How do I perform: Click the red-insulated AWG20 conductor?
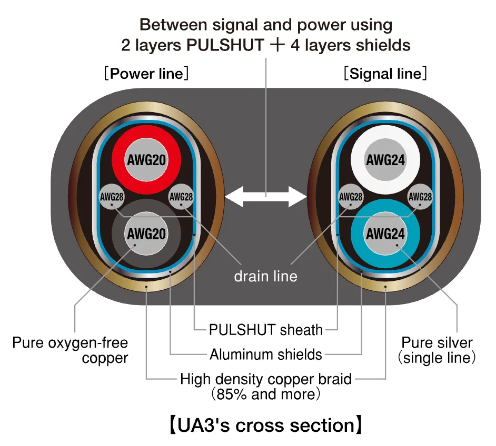pyautogui.click(x=146, y=159)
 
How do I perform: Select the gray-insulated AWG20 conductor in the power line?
pyautogui.click(x=146, y=234)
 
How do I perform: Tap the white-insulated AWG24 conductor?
pyautogui.click(x=385, y=159)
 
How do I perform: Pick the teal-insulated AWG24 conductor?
pyautogui.click(x=385, y=234)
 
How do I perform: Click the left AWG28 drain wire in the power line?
pyautogui.click(x=112, y=197)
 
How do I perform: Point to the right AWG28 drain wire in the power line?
pyautogui.click(x=181, y=197)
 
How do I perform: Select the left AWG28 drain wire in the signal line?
pyautogui.click(x=351, y=197)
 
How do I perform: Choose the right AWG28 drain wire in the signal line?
pyautogui.click(x=420, y=197)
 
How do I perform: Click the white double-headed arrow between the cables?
pyautogui.click(x=266, y=197)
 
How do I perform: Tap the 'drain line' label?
pyautogui.click(x=266, y=276)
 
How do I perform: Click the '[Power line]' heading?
pyautogui.click(x=146, y=74)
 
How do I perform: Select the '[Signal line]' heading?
pyautogui.click(x=385, y=74)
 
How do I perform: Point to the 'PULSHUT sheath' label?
pyautogui.click(x=266, y=330)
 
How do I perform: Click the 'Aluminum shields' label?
pyautogui.click(x=266, y=354)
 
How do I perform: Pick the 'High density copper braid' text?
pyautogui.click(x=266, y=379)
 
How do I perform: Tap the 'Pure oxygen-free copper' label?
pyautogui.click(x=70, y=350)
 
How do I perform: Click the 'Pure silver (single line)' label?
pyautogui.click(x=437, y=350)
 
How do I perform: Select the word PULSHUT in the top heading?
pyautogui.click(x=225, y=45)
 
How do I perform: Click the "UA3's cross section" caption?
pyautogui.click(x=266, y=425)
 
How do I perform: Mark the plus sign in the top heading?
pyautogui.click(x=277, y=45)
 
